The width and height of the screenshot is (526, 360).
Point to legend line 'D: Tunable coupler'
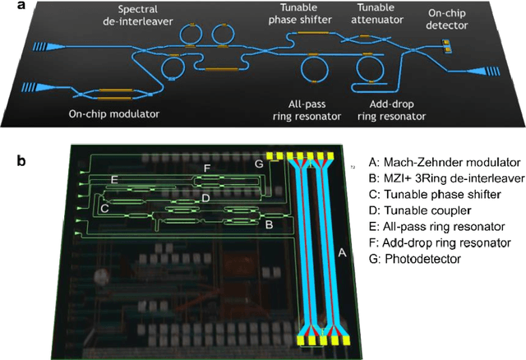414,210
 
